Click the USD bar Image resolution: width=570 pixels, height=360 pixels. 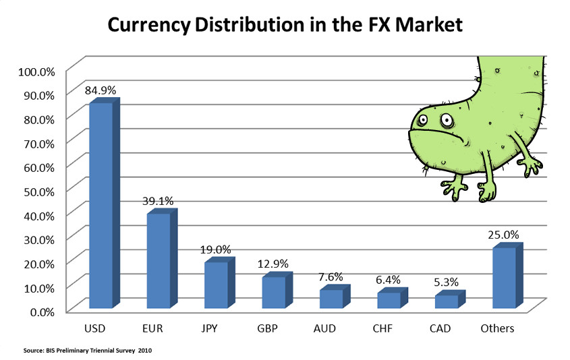tap(101, 206)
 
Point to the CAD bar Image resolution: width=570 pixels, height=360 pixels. tap(447, 301)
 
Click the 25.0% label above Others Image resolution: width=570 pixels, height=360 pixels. tap(503, 235)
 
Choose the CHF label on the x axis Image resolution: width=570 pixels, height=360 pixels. tap(389, 329)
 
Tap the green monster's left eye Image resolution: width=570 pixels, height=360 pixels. tap(422, 121)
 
